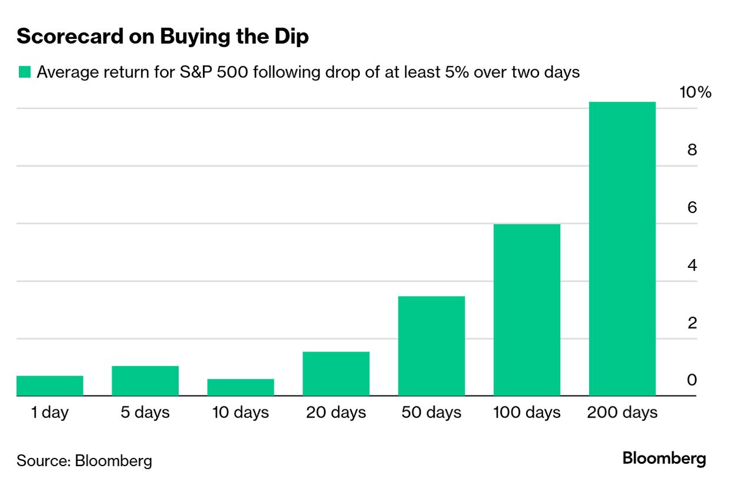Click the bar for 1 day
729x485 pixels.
[50, 386]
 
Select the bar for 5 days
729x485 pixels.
[145, 381]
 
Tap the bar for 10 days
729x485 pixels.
[241, 387]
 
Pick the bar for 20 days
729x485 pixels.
[336, 373]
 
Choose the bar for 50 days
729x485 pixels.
[431, 346]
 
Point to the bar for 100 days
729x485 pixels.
[527, 310]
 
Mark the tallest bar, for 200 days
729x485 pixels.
[622, 248]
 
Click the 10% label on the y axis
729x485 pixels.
[696, 93]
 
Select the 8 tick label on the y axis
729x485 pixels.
[692, 150]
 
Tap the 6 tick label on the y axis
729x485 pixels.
[692, 208]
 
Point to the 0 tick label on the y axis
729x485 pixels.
[692, 381]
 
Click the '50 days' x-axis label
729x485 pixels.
[431, 412]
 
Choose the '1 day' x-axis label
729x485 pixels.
[50, 412]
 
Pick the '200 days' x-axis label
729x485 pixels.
[622, 412]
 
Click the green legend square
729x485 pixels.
[24, 73]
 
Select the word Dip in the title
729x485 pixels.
[293, 37]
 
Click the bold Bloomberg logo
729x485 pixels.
[664, 458]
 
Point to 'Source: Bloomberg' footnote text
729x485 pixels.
[84, 460]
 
